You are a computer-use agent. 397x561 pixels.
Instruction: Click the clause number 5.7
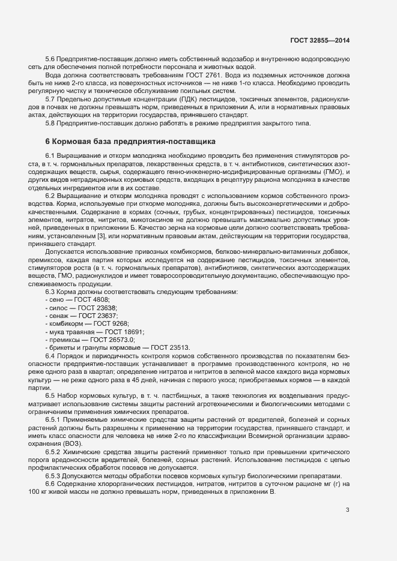point(50,98)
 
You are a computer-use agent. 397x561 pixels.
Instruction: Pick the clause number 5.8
point(50,123)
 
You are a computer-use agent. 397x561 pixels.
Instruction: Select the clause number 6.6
point(50,483)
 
